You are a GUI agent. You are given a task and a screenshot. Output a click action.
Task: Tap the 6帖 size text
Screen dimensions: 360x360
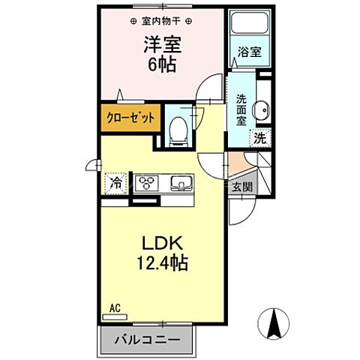coord(160,64)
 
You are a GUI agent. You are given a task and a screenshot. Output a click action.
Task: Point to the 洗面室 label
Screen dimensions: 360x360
coord(242,110)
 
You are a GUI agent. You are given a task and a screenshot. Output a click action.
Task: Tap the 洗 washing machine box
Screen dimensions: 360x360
coord(259,138)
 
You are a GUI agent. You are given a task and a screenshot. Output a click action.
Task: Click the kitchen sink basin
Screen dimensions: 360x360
coord(181,184)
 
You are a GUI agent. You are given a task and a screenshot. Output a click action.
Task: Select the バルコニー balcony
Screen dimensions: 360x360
coord(147,340)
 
